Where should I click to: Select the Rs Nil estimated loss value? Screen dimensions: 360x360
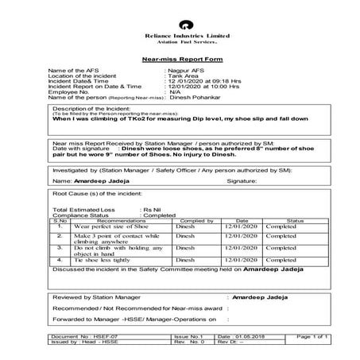click(x=153, y=209)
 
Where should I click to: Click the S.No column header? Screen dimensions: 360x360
click(x=60, y=220)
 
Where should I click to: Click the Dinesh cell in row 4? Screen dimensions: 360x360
click(x=185, y=259)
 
